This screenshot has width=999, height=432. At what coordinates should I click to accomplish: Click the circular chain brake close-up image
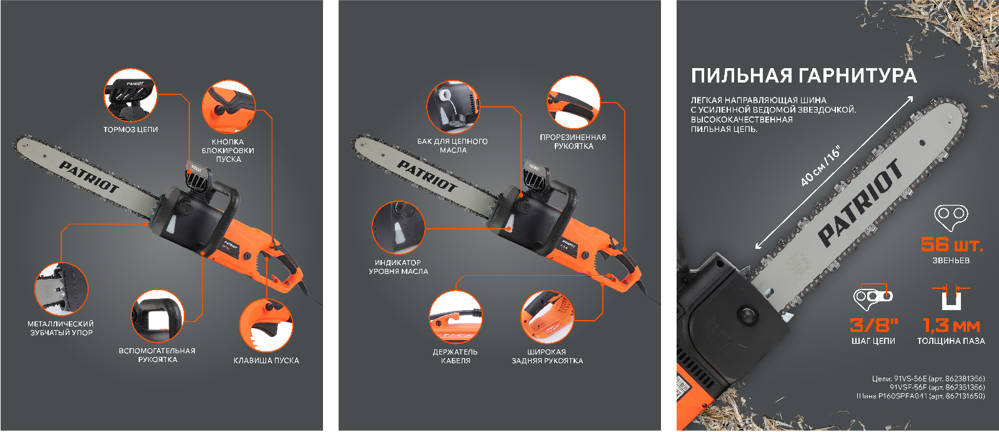coord(130,95)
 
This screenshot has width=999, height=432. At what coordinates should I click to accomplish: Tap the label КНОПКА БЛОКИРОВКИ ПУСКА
coord(228,151)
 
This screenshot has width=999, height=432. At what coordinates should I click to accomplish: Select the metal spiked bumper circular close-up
coord(61,289)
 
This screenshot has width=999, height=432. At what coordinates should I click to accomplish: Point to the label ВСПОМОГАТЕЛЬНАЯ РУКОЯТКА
coord(157,355)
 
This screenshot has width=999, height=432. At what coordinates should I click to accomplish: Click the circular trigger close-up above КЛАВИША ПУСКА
coord(266,325)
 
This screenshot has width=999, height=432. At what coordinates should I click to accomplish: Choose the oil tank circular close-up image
coord(453,107)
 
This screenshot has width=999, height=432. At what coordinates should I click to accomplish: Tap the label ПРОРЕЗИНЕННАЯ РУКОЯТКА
coord(573,141)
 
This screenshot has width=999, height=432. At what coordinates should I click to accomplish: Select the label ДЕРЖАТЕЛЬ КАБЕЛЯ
coord(455,356)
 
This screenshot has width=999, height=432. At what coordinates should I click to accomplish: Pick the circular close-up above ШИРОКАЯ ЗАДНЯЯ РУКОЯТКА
coord(547,318)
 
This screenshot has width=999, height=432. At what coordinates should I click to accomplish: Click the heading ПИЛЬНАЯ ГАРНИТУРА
coord(803,76)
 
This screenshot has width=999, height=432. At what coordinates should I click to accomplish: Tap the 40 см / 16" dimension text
coord(820,166)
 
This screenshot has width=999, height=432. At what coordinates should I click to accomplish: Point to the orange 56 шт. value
coord(952,244)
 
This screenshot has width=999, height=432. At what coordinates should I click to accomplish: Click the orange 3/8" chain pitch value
coord(873,325)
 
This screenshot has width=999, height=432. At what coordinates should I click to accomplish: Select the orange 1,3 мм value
coord(952,326)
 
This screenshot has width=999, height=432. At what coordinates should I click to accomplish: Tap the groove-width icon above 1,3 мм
coord(951,296)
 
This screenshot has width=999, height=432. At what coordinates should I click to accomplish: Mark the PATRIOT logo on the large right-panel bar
coord(860,203)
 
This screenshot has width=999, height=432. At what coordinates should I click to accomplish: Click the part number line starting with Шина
coord(920,396)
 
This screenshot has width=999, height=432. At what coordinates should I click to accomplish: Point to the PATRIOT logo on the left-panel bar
coord(89,177)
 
